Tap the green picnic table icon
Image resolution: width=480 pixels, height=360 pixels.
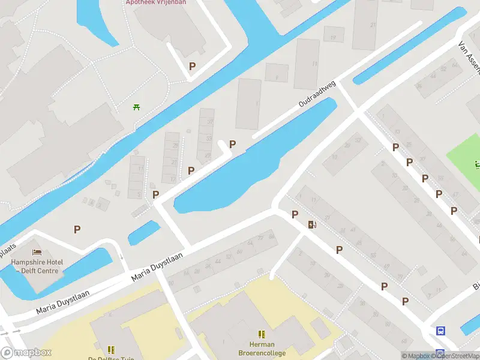137,107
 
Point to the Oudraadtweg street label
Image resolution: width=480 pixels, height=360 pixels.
316,95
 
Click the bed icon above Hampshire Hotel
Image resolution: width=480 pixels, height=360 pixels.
37,251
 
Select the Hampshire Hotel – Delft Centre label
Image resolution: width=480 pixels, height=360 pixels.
37,266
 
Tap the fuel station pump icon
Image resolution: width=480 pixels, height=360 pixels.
312,224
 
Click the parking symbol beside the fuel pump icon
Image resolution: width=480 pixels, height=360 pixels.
295,214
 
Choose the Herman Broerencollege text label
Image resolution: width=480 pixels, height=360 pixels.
262,349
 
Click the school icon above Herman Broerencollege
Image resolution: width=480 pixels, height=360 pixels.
262,334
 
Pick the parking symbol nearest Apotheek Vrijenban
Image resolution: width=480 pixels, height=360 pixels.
193,67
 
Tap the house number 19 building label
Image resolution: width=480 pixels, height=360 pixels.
333,38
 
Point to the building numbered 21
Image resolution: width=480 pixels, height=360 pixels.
373,25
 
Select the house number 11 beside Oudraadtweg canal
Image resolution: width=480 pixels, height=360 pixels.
314,64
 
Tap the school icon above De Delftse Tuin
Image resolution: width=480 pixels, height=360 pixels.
111,349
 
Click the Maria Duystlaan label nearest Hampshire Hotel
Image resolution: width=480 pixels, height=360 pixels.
62,302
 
